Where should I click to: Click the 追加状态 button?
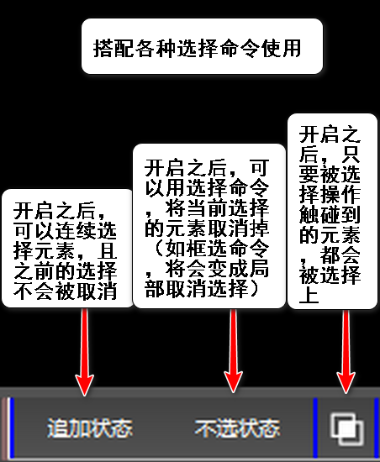[x=90, y=428]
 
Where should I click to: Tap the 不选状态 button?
[x=237, y=428]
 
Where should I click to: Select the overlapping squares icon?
[x=346, y=428]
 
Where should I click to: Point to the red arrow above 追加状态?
[x=85, y=352]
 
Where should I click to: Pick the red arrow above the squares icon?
[x=346, y=351]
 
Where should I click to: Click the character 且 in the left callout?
[x=107, y=251]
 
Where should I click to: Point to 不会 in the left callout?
[x=34, y=291]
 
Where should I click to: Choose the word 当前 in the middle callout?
[x=207, y=208]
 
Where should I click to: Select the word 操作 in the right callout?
[x=340, y=194]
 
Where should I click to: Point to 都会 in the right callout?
[x=340, y=255]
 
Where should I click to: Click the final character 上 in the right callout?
[x=309, y=295]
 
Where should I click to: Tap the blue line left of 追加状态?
[x=12, y=428]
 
